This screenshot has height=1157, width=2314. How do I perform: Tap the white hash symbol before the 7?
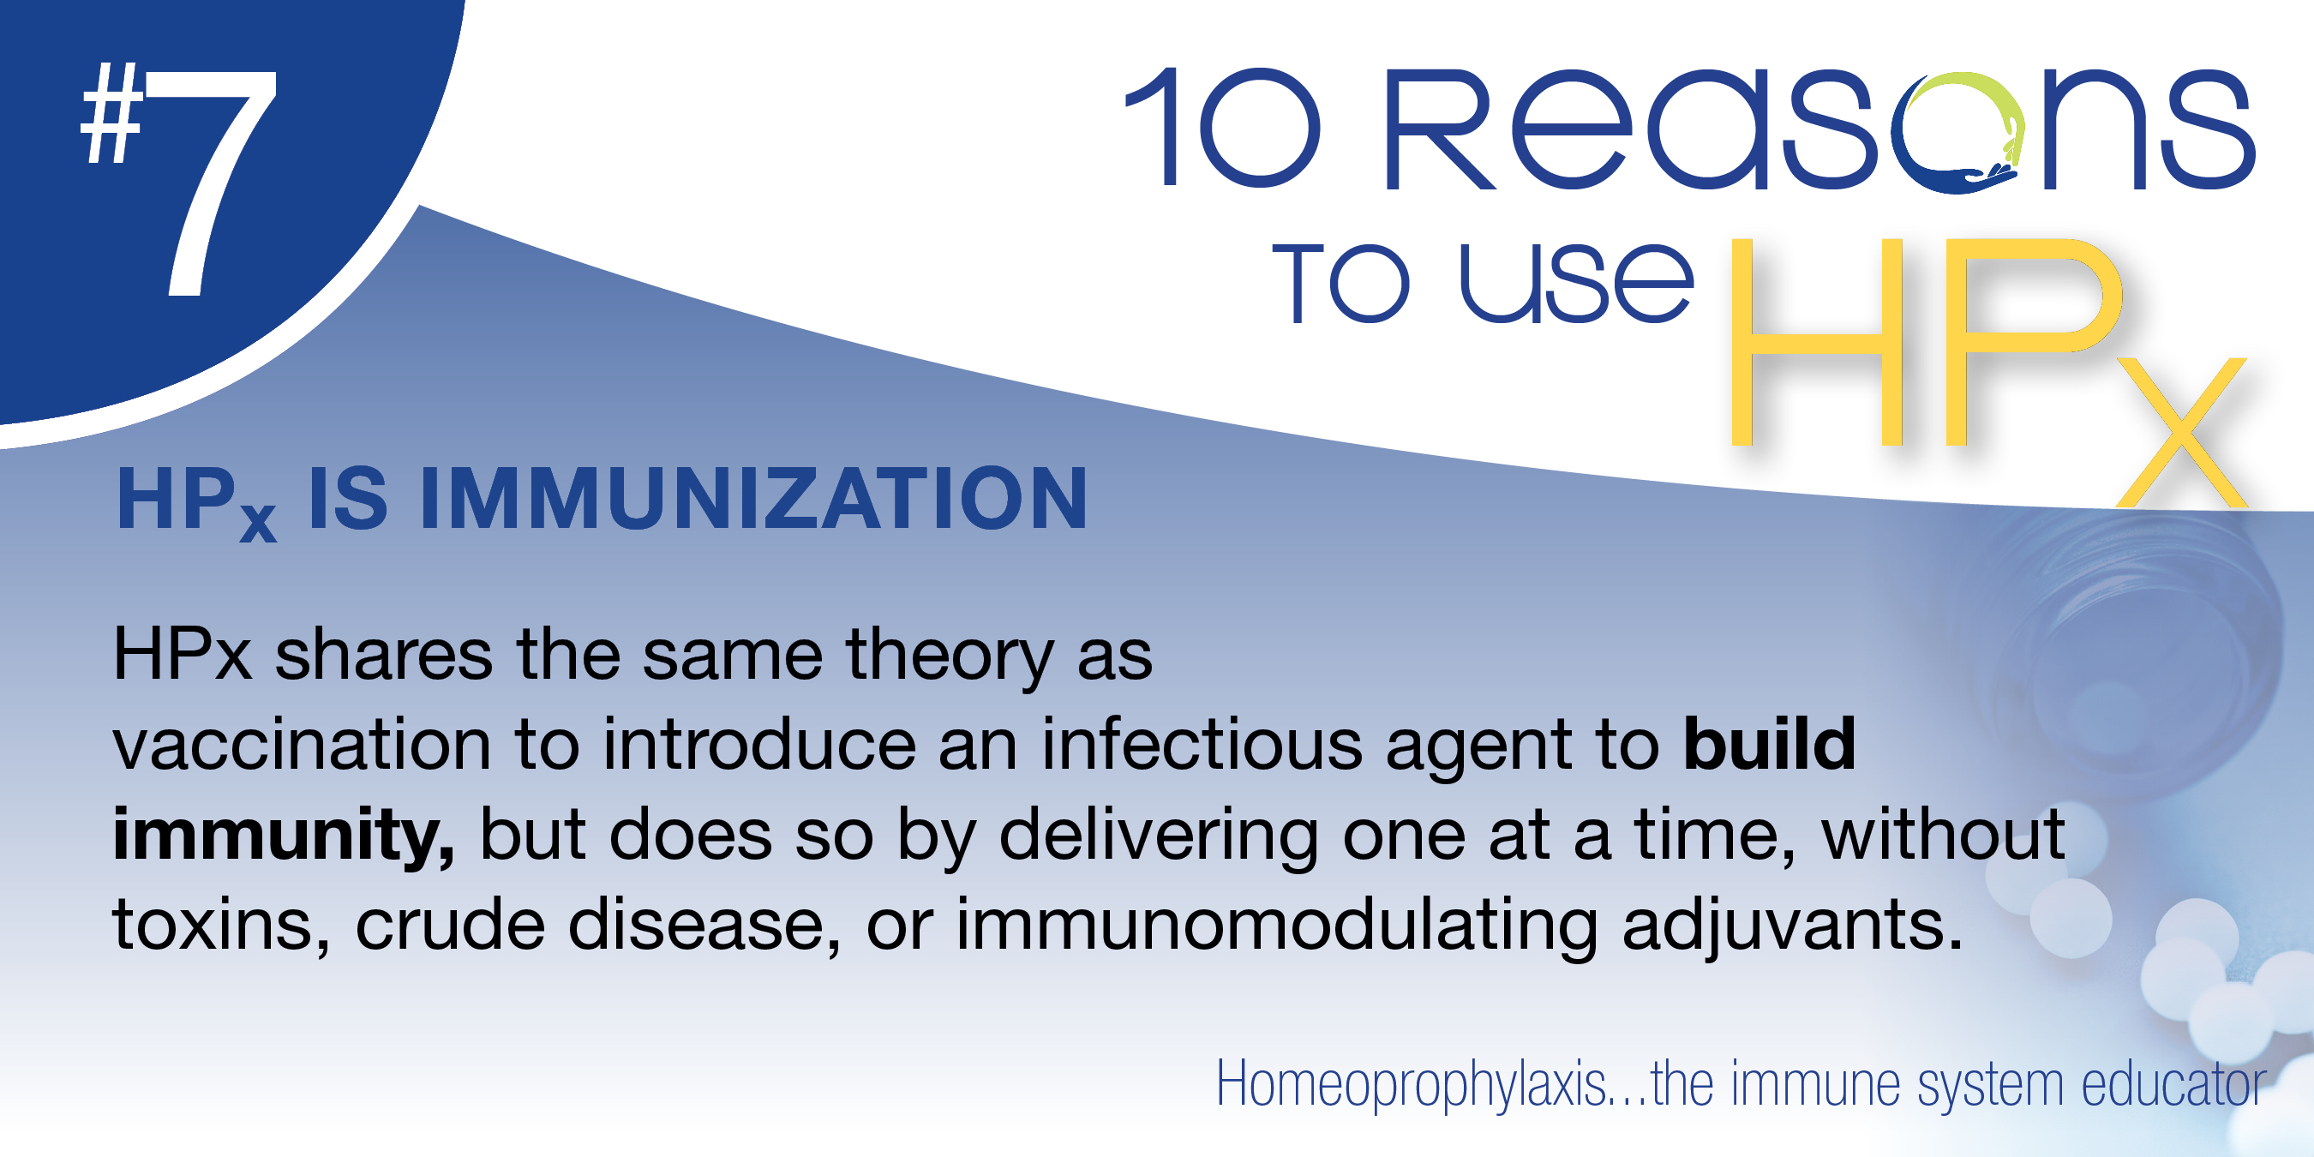point(111,113)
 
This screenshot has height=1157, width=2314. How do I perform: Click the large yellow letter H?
point(1816,341)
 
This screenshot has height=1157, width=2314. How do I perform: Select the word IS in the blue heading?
point(348,499)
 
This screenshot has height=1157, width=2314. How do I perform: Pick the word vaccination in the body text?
point(302,745)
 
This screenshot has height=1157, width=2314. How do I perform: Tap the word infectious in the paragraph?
point(1202,745)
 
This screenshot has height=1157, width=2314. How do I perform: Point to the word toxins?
point(221,926)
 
